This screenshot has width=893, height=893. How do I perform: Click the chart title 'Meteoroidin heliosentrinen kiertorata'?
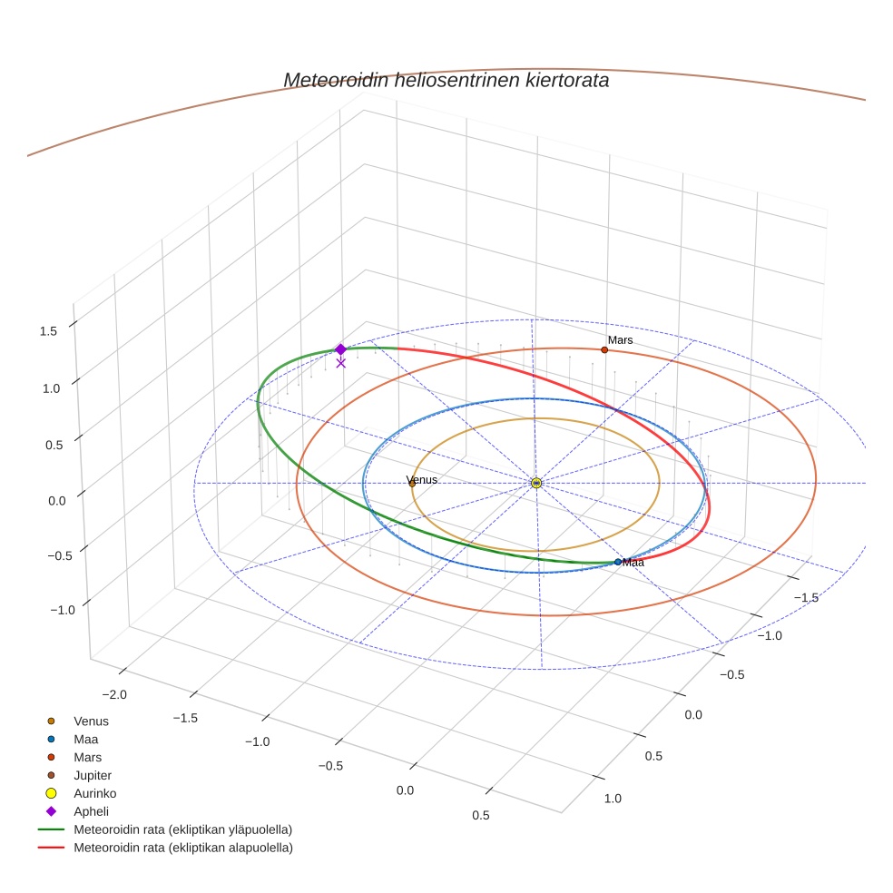(446, 80)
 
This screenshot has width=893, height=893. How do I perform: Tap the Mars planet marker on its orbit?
(604, 349)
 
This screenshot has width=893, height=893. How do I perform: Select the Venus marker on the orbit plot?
(412, 484)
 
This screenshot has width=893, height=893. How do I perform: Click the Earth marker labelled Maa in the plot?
(618, 562)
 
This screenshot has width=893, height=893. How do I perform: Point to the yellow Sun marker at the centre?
(536, 483)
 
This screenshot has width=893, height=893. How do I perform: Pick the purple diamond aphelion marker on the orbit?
(340, 349)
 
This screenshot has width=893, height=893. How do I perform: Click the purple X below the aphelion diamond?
(341, 363)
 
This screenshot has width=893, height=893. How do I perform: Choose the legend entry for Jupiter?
(92, 775)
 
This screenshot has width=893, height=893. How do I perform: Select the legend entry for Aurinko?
(94, 793)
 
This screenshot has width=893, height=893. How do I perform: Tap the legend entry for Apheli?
(91, 811)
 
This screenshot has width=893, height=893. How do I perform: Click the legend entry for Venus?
(91, 721)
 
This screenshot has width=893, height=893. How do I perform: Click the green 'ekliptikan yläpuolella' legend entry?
(182, 829)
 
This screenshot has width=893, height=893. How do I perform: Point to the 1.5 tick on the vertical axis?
(48, 330)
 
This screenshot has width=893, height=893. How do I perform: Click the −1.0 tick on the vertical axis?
(62, 610)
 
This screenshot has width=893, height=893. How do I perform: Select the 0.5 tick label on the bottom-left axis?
(480, 815)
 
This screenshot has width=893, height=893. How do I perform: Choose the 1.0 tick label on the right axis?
(613, 798)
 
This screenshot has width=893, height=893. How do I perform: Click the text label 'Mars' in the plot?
(621, 340)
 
